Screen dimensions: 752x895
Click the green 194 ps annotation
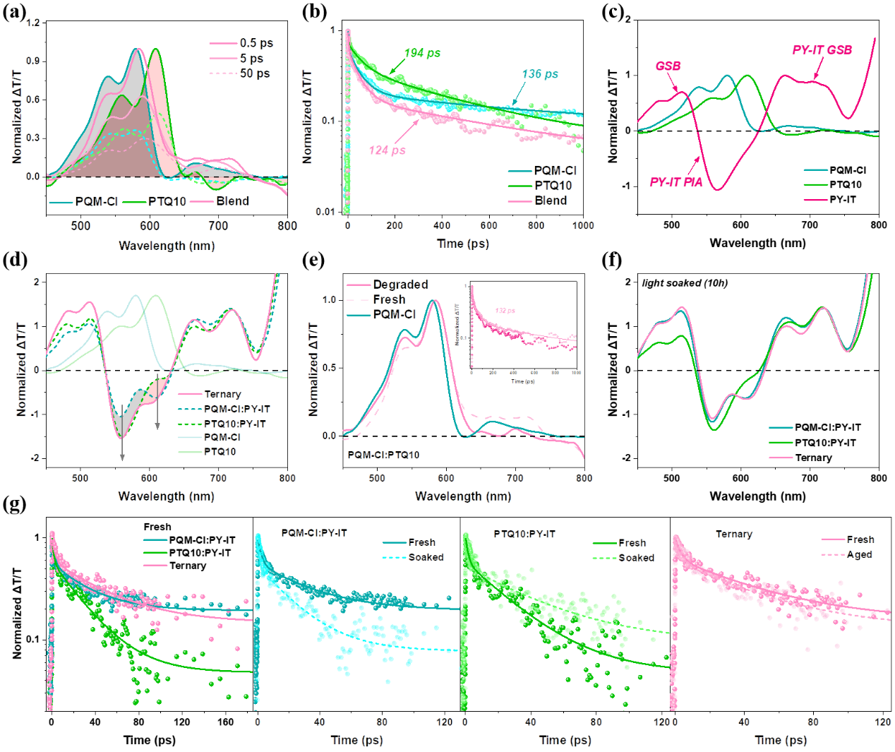422,54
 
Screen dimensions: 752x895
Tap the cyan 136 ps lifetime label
540,75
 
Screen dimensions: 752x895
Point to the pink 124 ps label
387,150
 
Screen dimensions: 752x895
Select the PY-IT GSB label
822,50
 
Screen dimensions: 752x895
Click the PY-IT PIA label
676,182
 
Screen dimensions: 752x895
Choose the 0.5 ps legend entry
256,43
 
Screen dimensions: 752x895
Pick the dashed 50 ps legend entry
254,73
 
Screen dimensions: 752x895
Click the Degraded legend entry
400,285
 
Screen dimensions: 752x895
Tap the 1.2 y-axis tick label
32,23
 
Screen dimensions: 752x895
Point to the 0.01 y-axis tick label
325,212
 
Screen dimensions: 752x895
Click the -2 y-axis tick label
35,458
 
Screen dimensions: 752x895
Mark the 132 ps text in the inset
505,311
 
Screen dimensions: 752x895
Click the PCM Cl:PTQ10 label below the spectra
384,455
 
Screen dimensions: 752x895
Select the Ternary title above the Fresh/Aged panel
733,535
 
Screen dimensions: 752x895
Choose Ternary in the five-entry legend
223,395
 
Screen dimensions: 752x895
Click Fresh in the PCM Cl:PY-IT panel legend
422,542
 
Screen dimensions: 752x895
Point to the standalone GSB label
668,66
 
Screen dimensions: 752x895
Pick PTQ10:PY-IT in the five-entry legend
235,424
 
